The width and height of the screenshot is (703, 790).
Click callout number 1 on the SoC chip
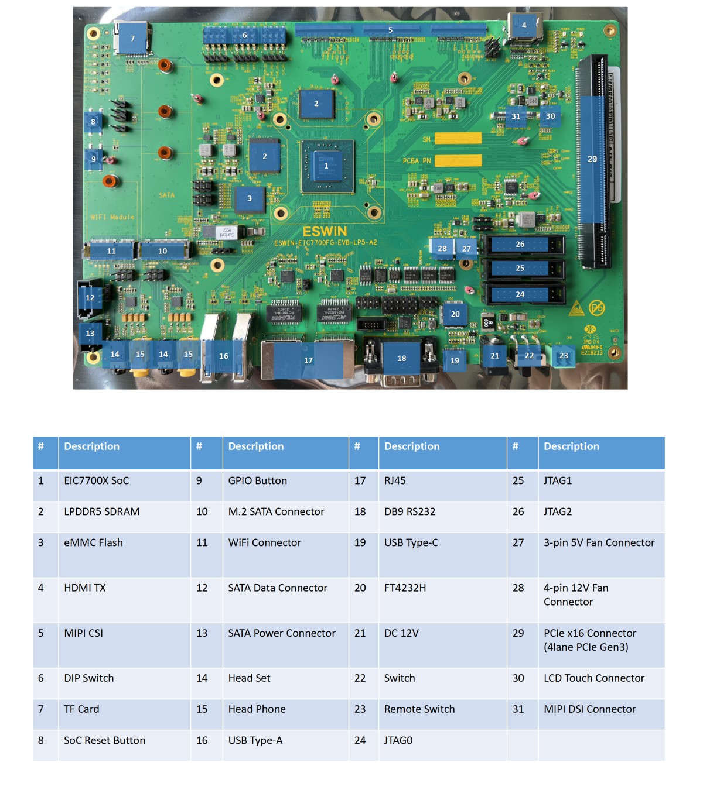click(x=326, y=166)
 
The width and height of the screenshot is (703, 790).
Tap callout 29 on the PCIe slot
click(x=592, y=159)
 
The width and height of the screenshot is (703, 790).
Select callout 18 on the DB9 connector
click(x=401, y=358)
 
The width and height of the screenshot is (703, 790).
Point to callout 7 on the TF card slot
click(x=132, y=39)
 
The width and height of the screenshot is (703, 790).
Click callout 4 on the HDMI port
click(x=524, y=25)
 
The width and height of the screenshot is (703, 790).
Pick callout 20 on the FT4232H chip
click(x=455, y=314)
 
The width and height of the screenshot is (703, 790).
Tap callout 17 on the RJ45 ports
click(x=308, y=360)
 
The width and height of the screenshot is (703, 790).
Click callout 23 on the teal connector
click(x=564, y=355)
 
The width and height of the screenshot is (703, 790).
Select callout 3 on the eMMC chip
click(x=250, y=198)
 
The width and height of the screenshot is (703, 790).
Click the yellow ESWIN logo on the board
click(x=325, y=231)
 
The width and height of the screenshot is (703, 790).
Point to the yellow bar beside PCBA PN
click(x=458, y=160)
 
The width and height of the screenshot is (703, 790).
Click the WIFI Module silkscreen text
click(x=112, y=217)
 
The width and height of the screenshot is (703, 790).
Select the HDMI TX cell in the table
click(x=85, y=588)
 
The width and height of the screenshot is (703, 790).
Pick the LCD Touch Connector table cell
click(x=594, y=678)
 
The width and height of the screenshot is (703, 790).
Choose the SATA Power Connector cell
click(x=282, y=633)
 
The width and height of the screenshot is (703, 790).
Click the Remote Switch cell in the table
click(x=419, y=709)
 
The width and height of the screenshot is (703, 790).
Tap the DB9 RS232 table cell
click(x=410, y=512)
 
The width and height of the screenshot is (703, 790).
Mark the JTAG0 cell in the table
click(x=398, y=741)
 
